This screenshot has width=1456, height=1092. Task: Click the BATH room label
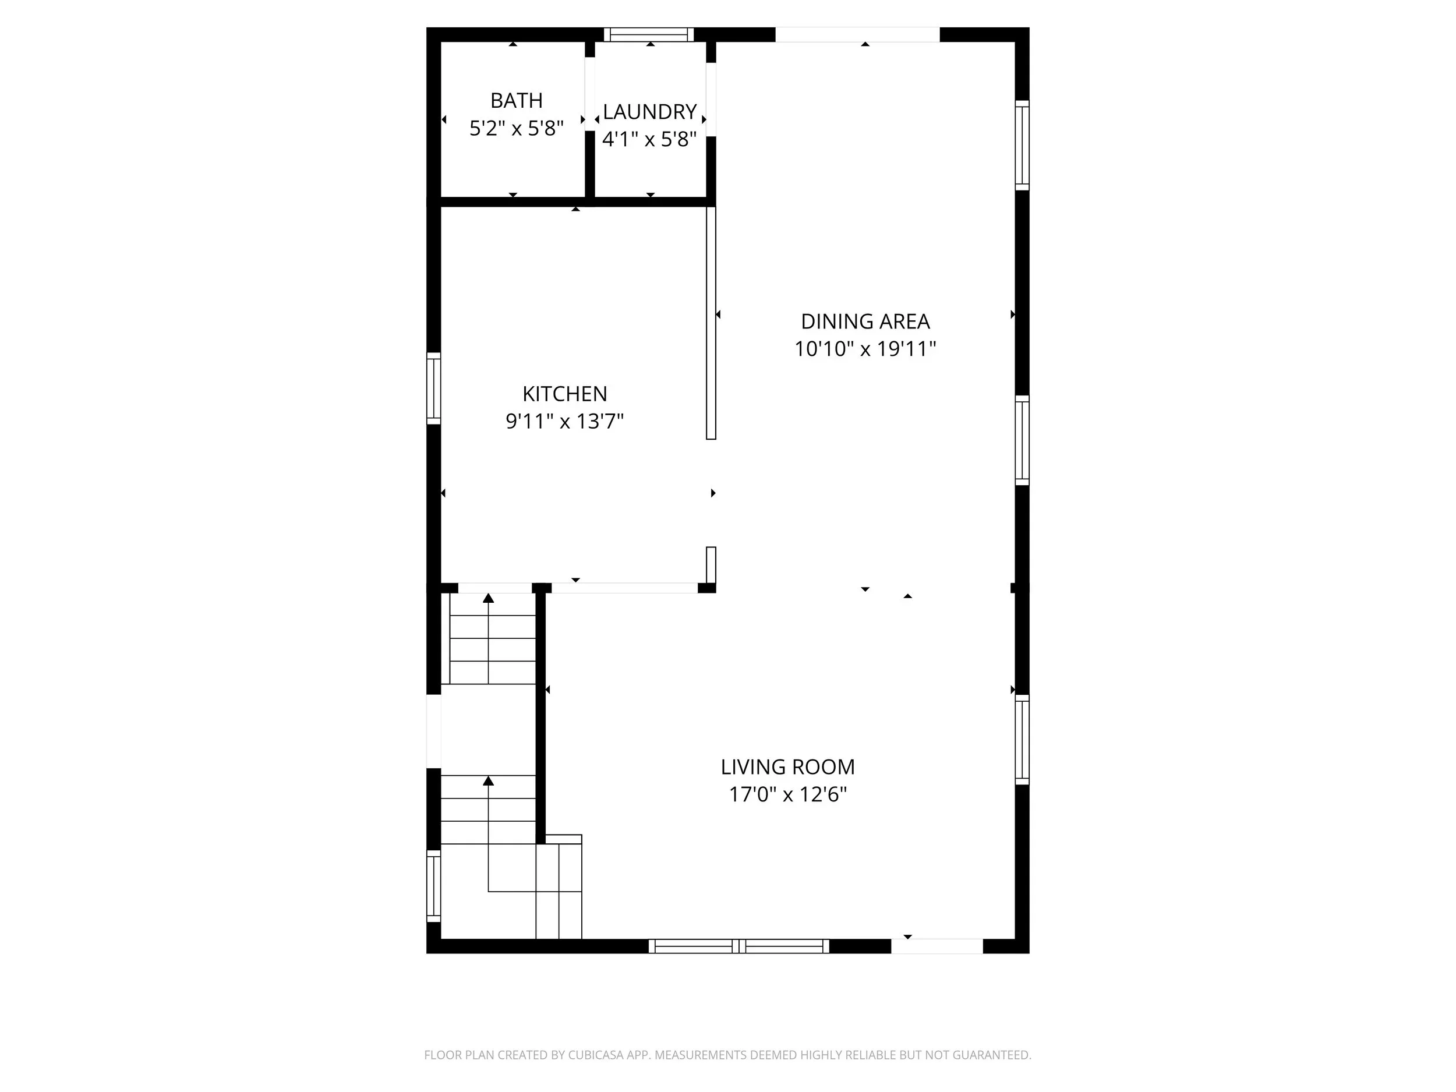(517, 101)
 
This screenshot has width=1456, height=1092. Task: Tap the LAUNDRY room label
(650, 112)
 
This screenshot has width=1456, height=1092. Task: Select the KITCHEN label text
(565, 394)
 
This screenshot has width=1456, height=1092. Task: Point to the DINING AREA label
(865, 321)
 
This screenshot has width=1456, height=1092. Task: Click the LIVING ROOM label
(788, 767)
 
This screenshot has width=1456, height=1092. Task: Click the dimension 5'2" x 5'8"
(517, 128)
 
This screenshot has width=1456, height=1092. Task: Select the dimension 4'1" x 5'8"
(650, 139)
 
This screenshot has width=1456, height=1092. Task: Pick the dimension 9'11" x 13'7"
(565, 420)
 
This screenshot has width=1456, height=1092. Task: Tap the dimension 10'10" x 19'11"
(865, 348)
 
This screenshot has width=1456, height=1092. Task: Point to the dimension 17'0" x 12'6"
(788, 794)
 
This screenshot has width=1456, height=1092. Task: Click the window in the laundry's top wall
(649, 34)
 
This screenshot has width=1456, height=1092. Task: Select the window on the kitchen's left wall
(433, 388)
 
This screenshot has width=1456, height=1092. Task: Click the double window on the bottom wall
(739, 946)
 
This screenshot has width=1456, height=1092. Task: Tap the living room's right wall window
(1022, 739)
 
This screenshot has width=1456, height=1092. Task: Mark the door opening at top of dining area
(858, 34)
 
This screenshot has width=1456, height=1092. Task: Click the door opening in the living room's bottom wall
(937, 946)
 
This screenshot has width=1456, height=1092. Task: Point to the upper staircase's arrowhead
(489, 598)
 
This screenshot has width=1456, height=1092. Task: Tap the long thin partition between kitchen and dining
(711, 323)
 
